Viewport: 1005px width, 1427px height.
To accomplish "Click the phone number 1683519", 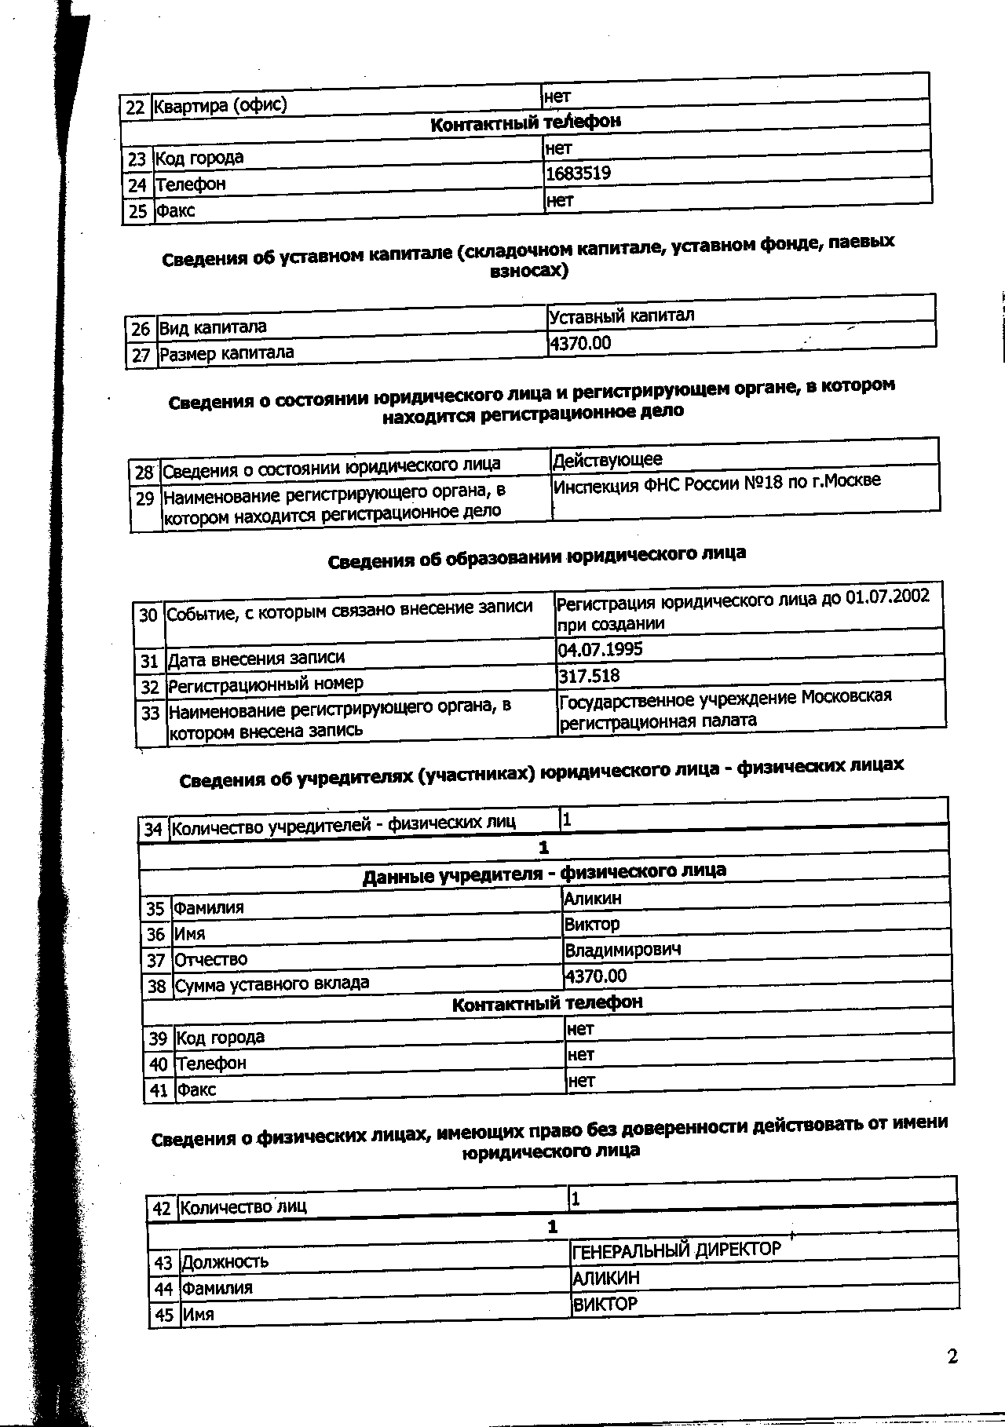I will (579, 173).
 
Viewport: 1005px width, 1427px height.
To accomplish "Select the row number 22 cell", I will (135, 107).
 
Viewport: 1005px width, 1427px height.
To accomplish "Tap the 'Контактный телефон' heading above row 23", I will (525, 122).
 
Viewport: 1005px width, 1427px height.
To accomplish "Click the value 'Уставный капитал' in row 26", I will (621, 316).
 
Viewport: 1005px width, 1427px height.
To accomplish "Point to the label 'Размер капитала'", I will (227, 353).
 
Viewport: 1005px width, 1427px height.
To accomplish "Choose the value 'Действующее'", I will (608, 459).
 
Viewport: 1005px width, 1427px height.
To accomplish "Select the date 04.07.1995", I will (600, 649).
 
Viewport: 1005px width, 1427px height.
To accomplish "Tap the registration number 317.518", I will (589, 676).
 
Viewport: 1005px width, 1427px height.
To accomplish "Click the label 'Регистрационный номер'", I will (266, 684).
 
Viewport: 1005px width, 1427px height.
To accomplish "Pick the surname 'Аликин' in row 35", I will (593, 898).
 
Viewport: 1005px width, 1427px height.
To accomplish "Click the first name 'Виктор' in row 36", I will (592, 924).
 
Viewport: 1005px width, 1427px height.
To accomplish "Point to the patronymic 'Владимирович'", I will (623, 950).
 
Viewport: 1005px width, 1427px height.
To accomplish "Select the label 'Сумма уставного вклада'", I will (272, 984).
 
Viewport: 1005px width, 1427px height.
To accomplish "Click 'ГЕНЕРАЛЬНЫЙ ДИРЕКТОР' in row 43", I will (676, 1250).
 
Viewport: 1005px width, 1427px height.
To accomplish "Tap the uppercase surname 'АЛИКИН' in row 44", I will (606, 1278).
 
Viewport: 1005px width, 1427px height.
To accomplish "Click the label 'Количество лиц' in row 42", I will (243, 1207).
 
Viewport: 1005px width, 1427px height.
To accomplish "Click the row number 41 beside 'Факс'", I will (159, 1089).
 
